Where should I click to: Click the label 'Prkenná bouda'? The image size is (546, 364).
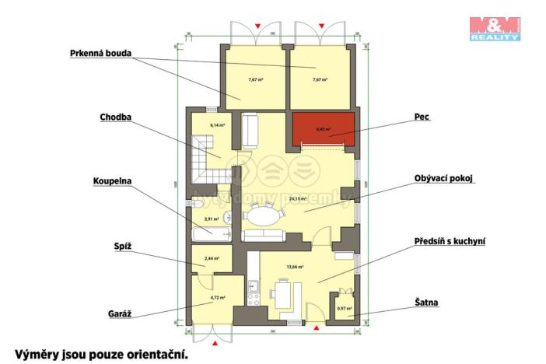coord(99,54)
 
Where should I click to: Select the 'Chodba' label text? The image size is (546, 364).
coord(115,117)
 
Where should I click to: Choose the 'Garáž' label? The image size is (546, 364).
coord(120,313)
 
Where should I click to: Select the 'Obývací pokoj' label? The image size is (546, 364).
coord(444,178)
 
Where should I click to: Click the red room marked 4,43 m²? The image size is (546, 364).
coord(323,130)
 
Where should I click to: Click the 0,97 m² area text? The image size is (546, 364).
coord(344,309)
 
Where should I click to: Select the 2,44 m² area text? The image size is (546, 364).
coord(211,258)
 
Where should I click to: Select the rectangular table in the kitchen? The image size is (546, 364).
coord(285,295)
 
